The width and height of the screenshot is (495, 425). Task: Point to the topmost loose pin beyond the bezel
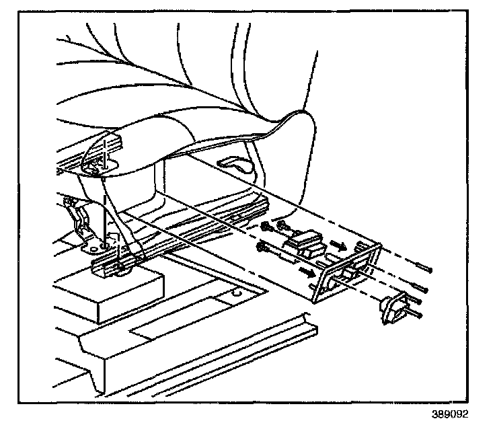tap(421, 269)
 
